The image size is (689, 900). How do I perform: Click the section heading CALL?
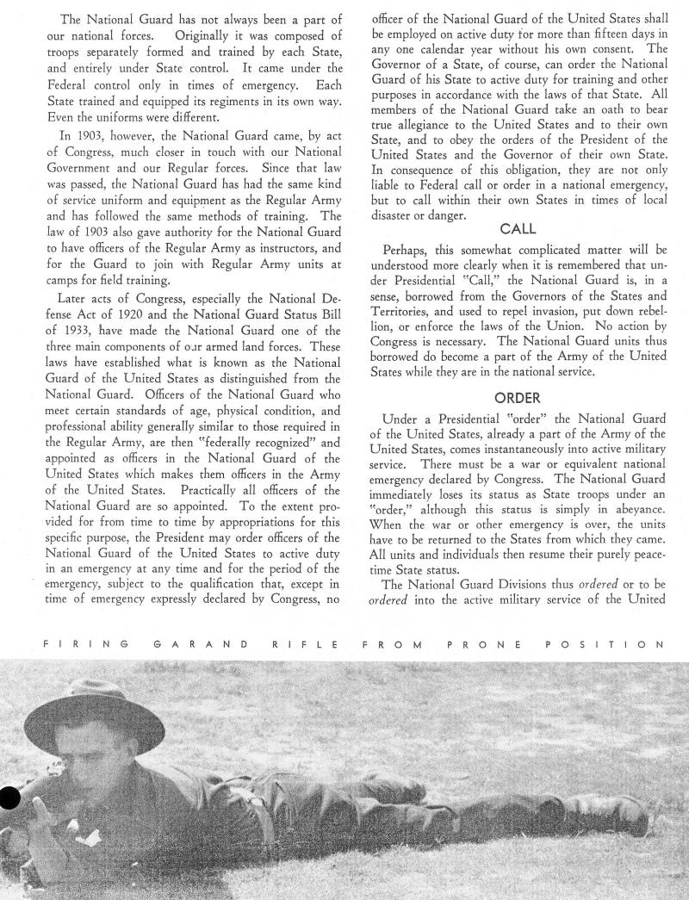(x=518, y=229)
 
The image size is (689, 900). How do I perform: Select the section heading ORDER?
(x=517, y=398)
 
